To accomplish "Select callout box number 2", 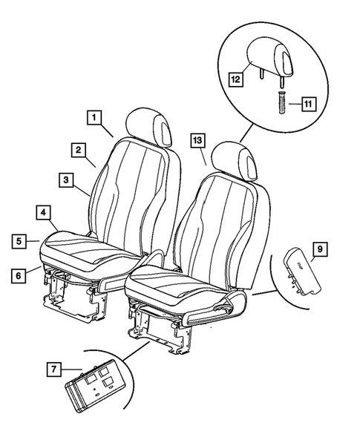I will [x=77, y=149].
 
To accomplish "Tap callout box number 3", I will [x=66, y=179].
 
